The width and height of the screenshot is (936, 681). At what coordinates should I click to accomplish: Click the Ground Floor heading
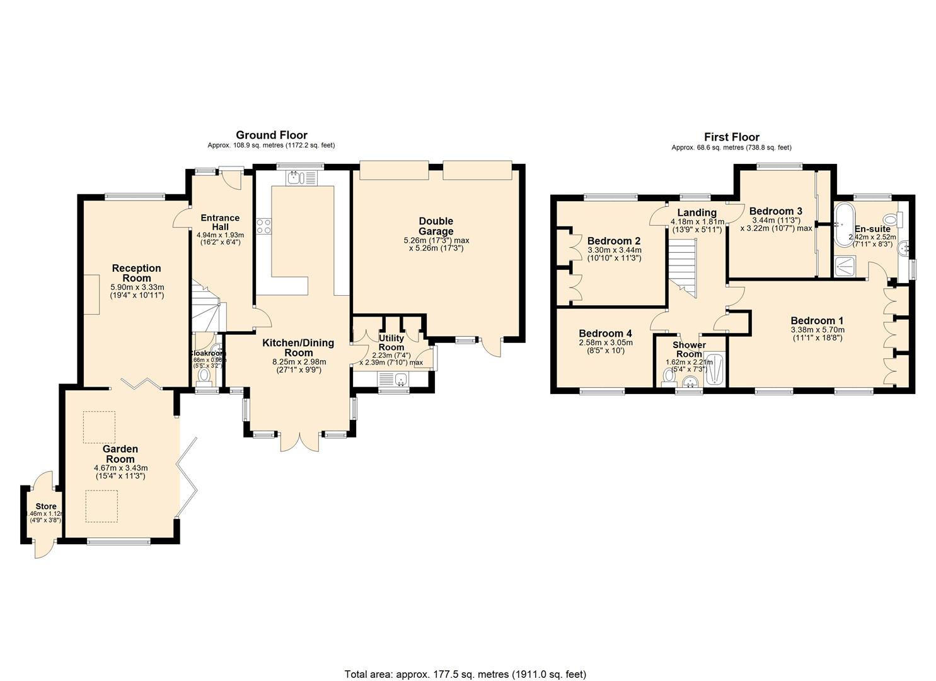point(272,135)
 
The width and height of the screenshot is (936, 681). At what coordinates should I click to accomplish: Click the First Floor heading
point(731,137)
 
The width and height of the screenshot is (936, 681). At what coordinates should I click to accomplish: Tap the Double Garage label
point(436,226)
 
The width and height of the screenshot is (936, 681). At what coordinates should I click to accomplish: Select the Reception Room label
point(137,273)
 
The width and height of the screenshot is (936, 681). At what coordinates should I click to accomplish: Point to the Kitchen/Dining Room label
point(298,347)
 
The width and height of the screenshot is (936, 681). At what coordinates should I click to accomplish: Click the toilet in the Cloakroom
point(204,376)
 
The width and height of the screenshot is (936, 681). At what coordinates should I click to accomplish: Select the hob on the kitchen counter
point(263,226)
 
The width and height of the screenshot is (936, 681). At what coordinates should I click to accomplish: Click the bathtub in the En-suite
point(842,223)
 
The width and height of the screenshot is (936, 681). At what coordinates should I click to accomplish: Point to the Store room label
point(45,506)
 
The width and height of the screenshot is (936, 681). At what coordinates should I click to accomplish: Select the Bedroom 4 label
point(605,334)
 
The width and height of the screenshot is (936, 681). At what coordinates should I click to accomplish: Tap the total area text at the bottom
point(465,674)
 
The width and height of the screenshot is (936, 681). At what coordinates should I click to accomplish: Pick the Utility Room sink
point(399,380)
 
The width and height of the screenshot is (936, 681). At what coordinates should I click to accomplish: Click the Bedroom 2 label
point(614,241)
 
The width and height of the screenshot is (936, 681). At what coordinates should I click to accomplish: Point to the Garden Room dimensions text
point(120,472)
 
